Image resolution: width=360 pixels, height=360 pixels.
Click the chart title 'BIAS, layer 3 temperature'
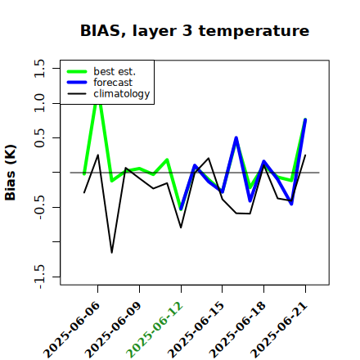point(195,31)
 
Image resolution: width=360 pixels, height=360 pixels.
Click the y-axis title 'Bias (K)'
point(11,173)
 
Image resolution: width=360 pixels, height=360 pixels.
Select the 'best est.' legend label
point(115,71)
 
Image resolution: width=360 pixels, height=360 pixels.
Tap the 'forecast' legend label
point(113,83)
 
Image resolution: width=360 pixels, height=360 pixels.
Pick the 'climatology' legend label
point(122,94)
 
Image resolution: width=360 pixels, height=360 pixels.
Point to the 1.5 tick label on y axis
point(39,68)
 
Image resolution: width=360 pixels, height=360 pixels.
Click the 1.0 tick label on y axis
point(39,103)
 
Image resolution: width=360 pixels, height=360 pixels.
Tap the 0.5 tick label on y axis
point(39,138)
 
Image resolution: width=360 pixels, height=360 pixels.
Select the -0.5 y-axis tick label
point(39,207)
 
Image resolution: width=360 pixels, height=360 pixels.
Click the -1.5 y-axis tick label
point(39,277)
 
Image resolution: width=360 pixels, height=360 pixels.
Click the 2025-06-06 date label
point(72,330)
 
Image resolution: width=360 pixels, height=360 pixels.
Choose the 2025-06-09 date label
point(114,330)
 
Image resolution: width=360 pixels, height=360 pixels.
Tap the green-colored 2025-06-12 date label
point(155,330)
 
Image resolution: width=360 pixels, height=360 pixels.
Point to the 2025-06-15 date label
point(196,330)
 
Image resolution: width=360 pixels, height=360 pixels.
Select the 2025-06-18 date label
point(238,330)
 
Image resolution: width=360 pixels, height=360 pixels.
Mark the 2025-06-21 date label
point(279,330)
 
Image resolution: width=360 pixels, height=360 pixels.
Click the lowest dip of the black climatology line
point(112,253)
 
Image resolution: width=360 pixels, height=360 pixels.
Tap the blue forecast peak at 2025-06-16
point(236,137)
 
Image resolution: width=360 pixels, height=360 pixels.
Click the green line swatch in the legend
point(77,72)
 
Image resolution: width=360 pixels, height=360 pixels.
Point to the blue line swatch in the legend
point(77,83)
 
